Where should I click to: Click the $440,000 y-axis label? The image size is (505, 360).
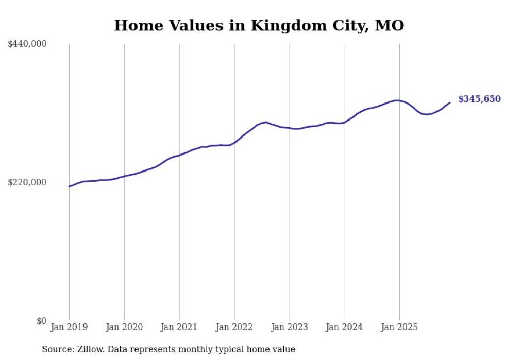(27, 44)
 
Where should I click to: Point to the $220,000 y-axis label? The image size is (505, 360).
(27, 182)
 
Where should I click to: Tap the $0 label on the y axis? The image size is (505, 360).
(41, 321)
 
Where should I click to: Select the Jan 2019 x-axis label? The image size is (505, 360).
(69, 327)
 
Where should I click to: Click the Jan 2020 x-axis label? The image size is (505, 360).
(124, 327)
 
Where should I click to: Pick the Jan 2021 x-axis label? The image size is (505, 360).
(179, 327)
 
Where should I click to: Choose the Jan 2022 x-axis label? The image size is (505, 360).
(234, 327)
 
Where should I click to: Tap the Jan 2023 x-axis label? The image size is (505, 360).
(290, 327)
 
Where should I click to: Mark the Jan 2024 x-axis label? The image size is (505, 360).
(345, 327)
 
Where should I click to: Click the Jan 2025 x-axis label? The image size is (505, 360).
(399, 327)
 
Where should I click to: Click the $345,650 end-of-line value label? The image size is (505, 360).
(479, 99)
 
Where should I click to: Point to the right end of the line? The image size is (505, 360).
(450, 102)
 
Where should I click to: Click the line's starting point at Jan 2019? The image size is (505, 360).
(69, 186)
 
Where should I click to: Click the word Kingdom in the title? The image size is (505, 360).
(282, 25)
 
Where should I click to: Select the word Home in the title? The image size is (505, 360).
(136, 25)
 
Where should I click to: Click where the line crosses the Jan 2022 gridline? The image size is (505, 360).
(234, 143)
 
